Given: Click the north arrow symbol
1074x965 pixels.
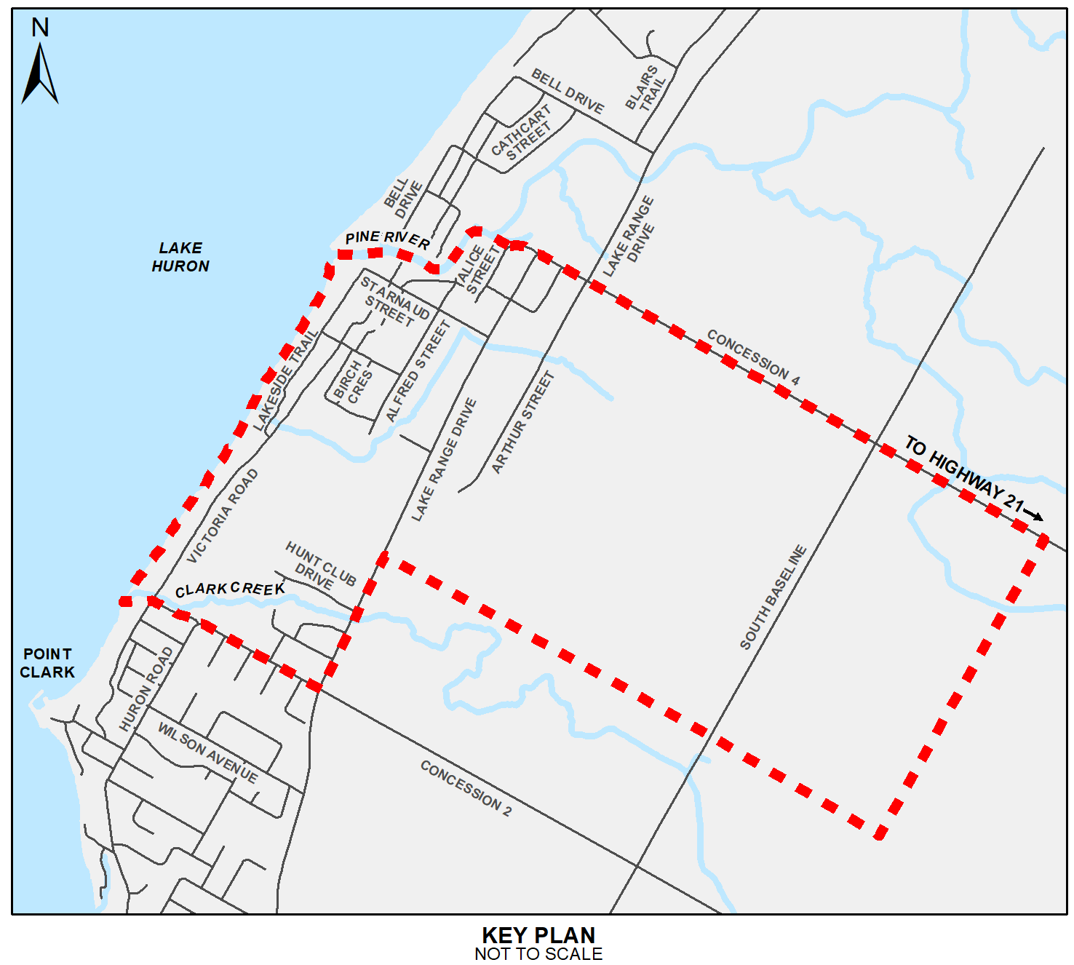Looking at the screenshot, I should [x=40, y=73].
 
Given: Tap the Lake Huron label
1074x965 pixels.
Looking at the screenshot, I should [x=180, y=257].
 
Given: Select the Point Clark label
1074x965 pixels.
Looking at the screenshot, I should [x=47, y=663].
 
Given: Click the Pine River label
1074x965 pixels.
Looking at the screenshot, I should [x=387, y=239].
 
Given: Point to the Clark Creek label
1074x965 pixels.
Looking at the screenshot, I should [x=230, y=589].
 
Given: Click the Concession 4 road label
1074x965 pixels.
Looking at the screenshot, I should [x=753, y=357].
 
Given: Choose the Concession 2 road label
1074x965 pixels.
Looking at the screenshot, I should [x=466, y=788].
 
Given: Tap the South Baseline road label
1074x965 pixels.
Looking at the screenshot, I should [x=773, y=597].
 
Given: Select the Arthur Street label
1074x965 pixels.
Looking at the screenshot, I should [x=523, y=422].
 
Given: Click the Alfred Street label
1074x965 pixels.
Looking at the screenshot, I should [x=418, y=371].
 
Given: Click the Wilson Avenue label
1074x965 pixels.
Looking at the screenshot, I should [x=208, y=752].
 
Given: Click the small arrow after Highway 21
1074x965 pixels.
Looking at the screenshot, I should [x=1033, y=515].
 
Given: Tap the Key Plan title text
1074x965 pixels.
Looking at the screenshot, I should [x=538, y=934].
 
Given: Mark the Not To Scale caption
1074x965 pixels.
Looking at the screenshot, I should [x=538, y=954].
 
